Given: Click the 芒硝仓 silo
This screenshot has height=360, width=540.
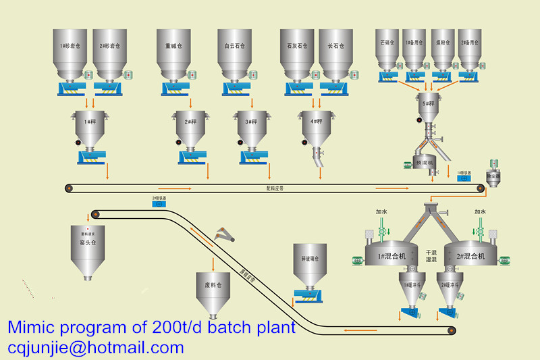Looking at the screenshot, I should click(387, 47).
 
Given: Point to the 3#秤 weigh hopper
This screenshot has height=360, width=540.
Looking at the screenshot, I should click(252, 125).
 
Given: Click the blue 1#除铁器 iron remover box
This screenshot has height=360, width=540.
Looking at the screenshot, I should click(464, 180).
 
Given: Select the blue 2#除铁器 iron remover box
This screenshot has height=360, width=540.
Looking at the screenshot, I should click(159, 203).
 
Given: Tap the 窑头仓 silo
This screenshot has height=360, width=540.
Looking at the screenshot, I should click(88, 247).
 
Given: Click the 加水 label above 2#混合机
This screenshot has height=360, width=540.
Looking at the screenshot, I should click(480, 211).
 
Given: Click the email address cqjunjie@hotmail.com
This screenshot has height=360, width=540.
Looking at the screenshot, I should click(96, 348).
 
